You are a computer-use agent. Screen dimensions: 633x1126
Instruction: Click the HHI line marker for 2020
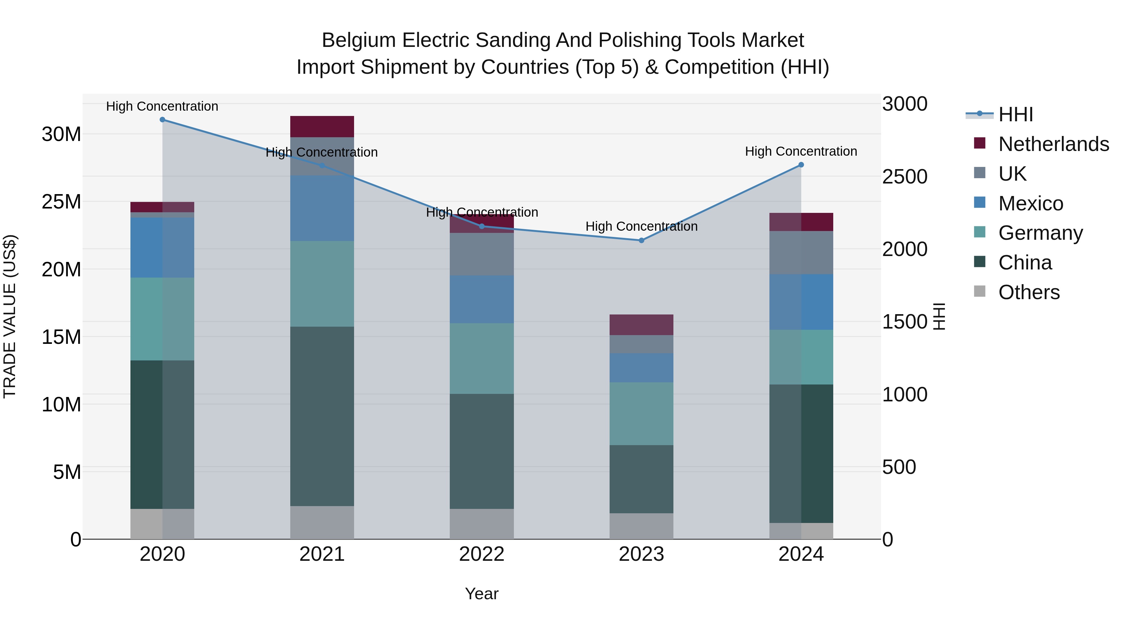162,120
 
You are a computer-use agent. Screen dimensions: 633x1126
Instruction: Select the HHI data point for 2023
641,240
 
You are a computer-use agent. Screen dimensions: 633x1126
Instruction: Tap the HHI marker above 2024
801,165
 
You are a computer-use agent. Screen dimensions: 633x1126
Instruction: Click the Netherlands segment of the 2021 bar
322,127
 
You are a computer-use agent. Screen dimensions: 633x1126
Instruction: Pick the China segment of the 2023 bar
641,479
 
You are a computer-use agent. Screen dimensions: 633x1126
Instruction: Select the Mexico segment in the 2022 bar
482,299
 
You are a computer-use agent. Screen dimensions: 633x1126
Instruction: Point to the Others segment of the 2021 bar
322,522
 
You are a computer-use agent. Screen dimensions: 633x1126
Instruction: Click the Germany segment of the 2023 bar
641,413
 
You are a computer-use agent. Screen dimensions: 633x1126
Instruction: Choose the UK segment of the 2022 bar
482,254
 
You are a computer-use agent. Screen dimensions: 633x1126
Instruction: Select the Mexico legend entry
1030,203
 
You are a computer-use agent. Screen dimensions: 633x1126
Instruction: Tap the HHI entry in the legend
1015,114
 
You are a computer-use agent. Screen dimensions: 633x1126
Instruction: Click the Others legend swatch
980,291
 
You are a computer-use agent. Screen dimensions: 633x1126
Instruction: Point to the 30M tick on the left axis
61,134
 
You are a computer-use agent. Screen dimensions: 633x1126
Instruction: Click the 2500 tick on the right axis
904,177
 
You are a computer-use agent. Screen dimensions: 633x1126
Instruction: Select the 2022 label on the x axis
482,554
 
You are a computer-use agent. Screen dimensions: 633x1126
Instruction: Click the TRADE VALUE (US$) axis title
10,316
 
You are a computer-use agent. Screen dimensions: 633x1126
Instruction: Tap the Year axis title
482,594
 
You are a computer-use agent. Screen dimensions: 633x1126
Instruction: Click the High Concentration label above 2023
641,226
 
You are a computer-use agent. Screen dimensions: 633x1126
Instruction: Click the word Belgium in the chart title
358,40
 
